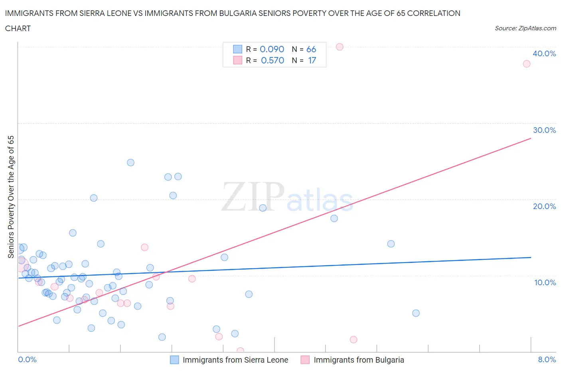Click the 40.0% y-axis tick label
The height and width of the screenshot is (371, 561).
click(x=544, y=53)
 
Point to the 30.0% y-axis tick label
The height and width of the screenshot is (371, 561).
click(x=544, y=130)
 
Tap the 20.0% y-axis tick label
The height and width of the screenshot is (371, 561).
click(x=544, y=206)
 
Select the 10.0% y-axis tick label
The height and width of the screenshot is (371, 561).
click(x=545, y=282)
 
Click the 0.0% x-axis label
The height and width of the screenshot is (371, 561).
click(x=27, y=359)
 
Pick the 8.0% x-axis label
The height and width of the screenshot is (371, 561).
click(x=547, y=359)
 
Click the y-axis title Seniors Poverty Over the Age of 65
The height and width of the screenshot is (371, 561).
click(x=11, y=197)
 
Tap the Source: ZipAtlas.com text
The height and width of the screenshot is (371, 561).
click(x=525, y=28)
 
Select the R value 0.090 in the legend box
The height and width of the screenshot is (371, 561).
click(x=272, y=49)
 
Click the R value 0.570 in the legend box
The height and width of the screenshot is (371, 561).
click(x=272, y=60)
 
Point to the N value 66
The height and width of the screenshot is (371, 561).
click(x=311, y=49)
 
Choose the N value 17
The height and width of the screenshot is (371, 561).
click(x=312, y=60)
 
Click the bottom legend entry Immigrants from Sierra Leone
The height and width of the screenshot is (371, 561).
click(x=235, y=360)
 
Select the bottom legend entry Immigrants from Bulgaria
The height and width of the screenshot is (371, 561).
click(x=358, y=360)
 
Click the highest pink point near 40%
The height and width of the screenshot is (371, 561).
click(x=340, y=47)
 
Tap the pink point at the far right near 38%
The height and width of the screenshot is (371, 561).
click(x=526, y=64)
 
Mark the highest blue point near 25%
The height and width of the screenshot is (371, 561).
click(x=130, y=162)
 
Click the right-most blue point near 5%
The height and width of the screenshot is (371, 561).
click(x=416, y=313)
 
